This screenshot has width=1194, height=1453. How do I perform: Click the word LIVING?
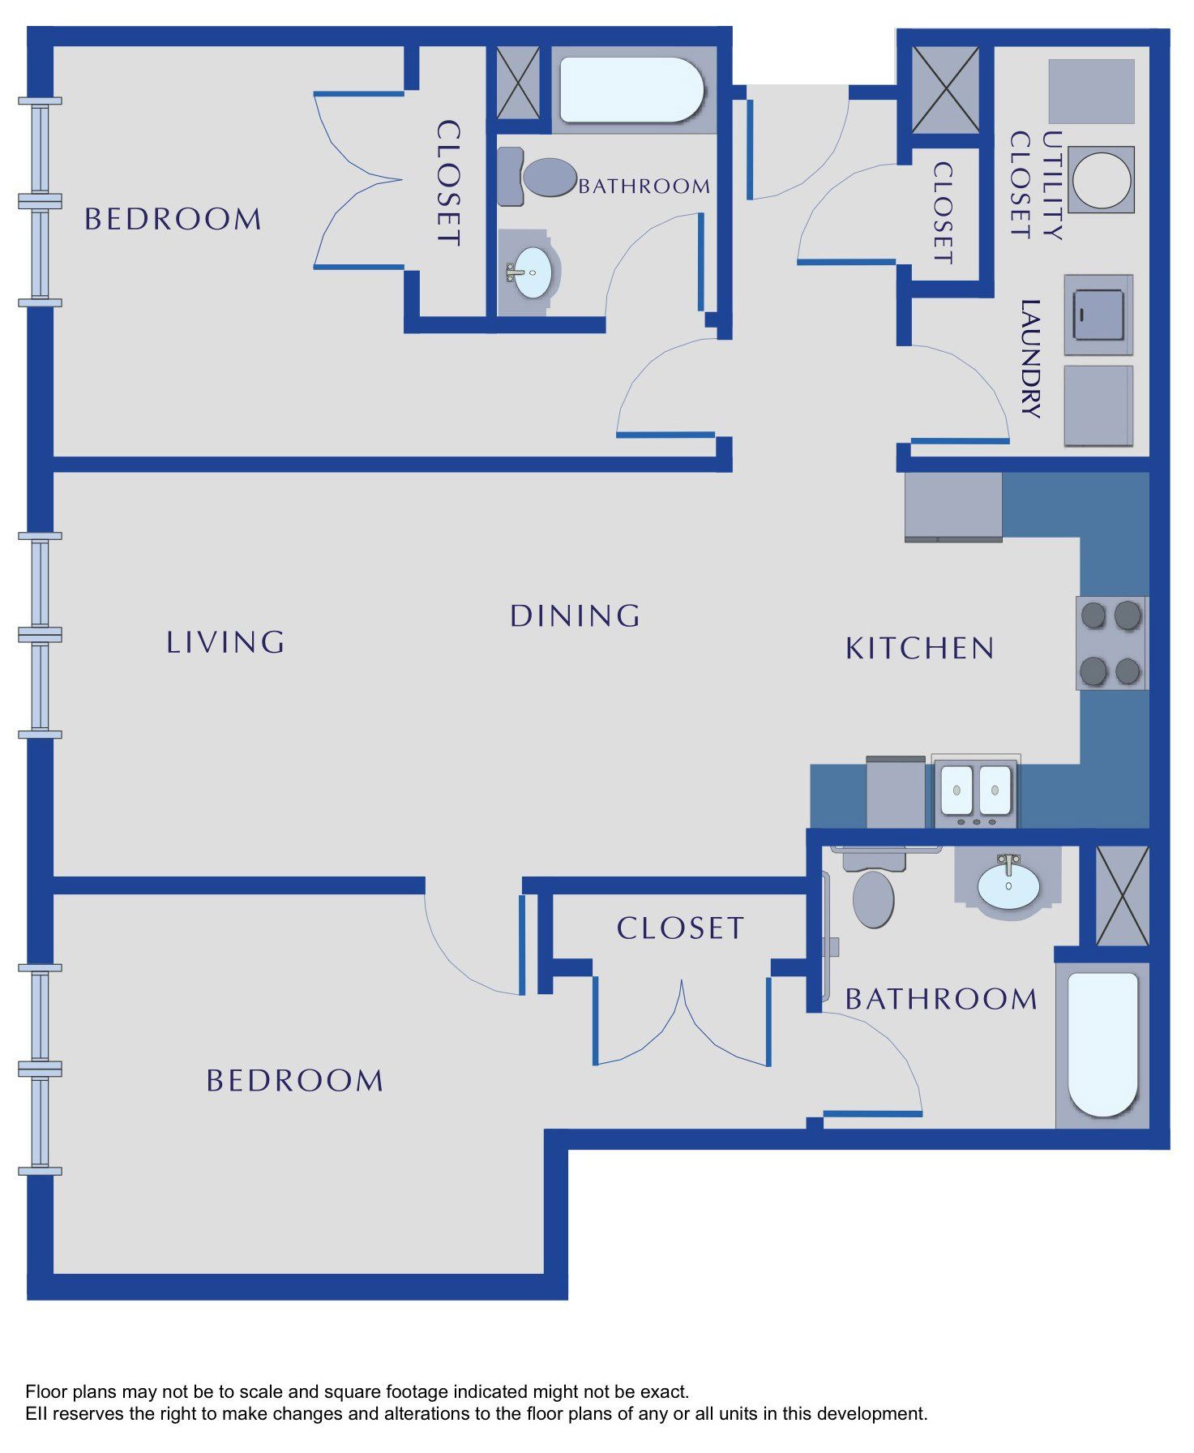point(225,642)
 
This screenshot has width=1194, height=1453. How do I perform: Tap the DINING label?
point(575,616)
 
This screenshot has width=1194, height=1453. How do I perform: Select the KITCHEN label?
point(920,648)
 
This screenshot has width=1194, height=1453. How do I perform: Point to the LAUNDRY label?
point(1029,358)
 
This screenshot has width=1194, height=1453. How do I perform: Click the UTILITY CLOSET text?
point(1035,185)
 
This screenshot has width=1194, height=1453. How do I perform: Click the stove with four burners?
point(1111,643)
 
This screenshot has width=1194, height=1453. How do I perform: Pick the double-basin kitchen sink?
point(976,791)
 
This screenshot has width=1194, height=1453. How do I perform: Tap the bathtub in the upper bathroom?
point(632,89)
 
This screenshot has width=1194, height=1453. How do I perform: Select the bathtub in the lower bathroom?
point(1102,1044)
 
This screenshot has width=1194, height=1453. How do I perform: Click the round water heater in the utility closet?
point(1101,179)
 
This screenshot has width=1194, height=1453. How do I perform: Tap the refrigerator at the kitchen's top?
point(953,507)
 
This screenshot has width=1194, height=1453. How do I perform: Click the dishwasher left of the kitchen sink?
point(896,792)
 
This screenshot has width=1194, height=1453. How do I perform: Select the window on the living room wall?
point(40,635)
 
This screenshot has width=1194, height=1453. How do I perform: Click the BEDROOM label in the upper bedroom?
point(173,219)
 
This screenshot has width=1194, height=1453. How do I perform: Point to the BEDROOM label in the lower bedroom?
point(294,1080)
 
